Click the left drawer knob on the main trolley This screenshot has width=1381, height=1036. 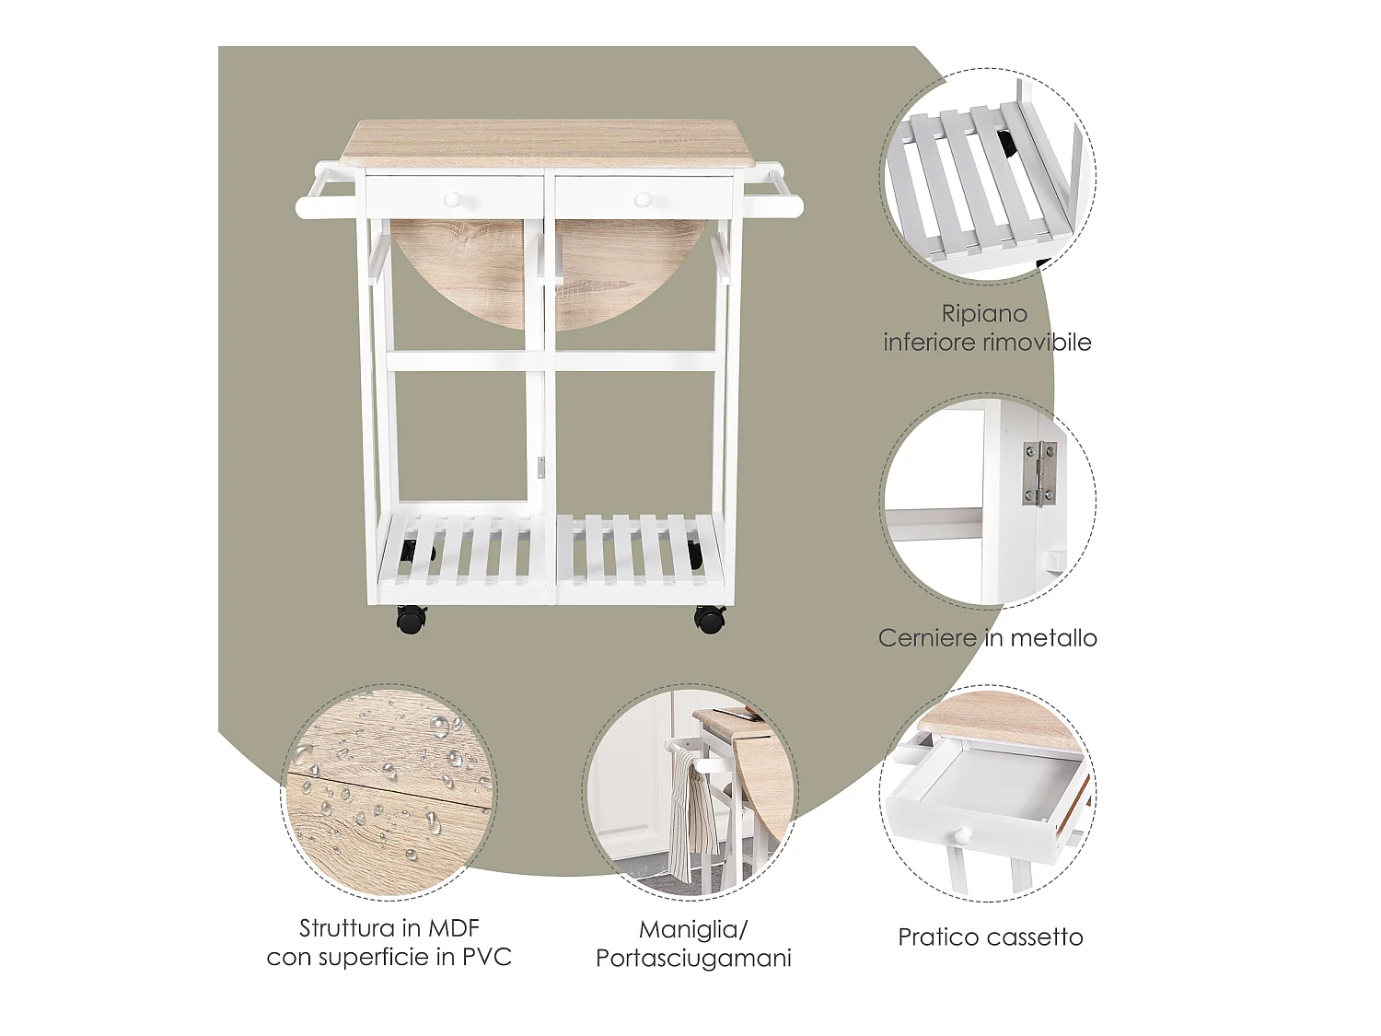pos(454,198)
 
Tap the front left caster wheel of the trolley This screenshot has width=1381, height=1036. pos(411,619)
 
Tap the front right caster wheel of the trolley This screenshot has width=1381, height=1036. pos(709,619)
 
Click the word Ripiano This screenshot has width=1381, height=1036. pos(984,314)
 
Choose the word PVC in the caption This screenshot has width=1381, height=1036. pos(487,958)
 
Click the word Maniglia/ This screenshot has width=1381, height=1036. pos(693,929)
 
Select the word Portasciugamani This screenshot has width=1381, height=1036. pos(693,959)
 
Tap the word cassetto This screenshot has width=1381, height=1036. pos(1036,937)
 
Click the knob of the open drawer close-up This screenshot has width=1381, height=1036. pos(962,835)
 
